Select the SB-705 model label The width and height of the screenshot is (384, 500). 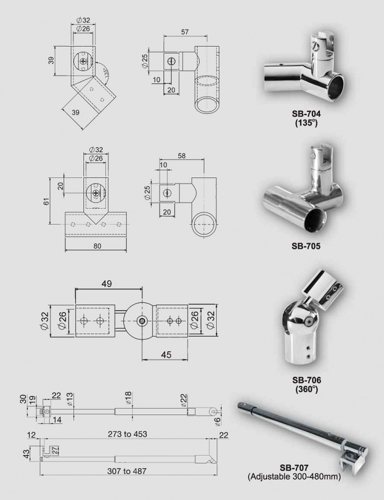[x=306, y=246]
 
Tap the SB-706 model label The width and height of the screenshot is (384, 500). [x=307, y=380]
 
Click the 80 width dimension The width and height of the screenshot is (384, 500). [x=97, y=246]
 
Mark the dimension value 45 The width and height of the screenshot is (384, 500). [x=167, y=355]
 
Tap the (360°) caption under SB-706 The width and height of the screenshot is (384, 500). [x=307, y=389]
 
